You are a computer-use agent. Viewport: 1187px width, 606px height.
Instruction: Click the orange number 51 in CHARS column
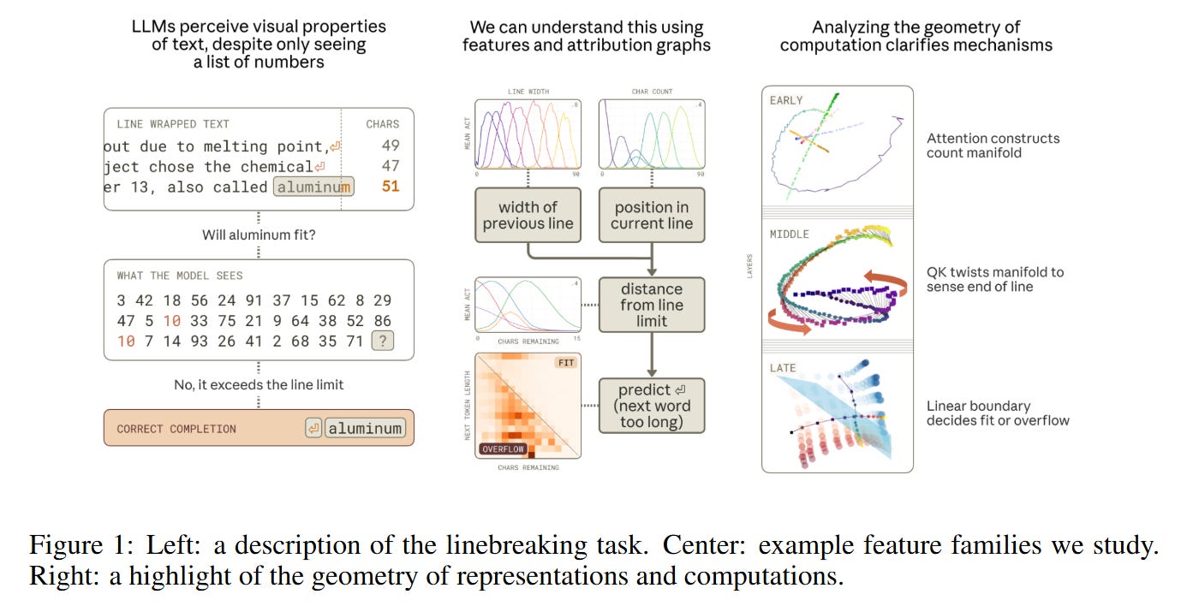coord(391,187)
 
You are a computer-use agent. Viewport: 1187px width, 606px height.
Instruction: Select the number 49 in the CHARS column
coord(391,146)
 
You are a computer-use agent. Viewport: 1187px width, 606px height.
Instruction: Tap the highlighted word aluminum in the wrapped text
coord(313,187)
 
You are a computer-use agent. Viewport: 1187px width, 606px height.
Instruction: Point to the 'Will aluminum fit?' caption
coord(259,234)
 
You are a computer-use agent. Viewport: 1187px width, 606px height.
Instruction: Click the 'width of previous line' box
coord(528,215)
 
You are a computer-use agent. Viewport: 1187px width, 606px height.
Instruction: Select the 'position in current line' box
coord(652,215)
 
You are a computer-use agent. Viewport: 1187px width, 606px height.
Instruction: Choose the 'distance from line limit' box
coord(652,305)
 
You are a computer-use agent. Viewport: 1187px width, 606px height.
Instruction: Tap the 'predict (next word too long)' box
coord(652,406)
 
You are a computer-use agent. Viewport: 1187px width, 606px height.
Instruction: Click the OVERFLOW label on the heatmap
coord(504,448)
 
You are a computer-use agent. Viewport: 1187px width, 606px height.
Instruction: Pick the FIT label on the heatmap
coord(565,362)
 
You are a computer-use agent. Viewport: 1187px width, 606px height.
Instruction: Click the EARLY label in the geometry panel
coord(786,100)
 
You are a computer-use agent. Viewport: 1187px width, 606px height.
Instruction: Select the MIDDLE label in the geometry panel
coord(789,235)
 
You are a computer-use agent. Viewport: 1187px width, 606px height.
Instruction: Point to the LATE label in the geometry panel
coord(783,368)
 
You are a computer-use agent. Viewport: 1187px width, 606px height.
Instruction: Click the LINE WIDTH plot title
coord(528,92)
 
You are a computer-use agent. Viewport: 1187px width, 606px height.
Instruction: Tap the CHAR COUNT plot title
coord(652,92)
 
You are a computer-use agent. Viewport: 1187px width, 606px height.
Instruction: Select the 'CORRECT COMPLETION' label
coord(176,429)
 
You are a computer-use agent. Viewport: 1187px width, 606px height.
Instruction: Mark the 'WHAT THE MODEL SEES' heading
coord(180,276)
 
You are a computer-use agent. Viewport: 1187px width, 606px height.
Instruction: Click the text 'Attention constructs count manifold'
coord(993,146)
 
